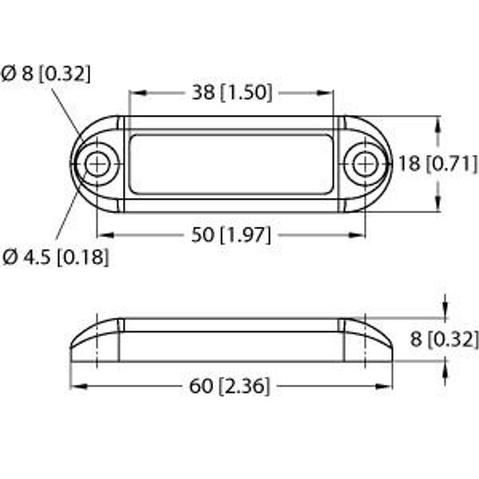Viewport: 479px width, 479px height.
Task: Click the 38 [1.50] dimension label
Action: click(232, 93)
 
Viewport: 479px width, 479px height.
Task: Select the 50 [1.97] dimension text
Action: click(232, 235)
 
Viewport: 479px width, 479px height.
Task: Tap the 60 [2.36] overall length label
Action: click(230, 386)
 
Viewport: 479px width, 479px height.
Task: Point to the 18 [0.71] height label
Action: click(437, 164)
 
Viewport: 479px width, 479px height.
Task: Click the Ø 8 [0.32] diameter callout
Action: click(46, 73)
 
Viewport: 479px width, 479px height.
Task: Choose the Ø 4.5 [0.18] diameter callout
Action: click(55, 257)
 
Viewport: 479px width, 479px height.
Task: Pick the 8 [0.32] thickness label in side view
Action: click(444, 338)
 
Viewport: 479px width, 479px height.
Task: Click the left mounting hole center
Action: click(97, 164)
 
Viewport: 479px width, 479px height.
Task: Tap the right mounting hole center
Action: click(366, 164)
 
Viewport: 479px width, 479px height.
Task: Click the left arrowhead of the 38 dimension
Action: click(138, 93)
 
